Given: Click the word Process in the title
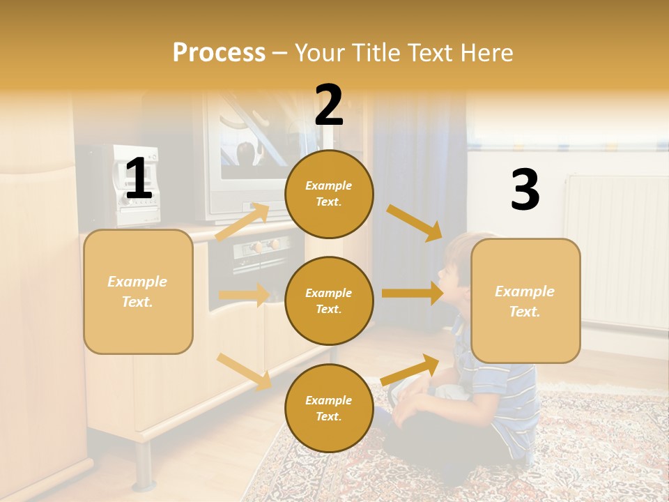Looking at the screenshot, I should click(219, 52).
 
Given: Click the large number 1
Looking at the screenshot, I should click(139, 178).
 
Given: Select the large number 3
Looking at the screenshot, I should click(525, 190).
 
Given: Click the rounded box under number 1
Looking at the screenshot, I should click(138, 291).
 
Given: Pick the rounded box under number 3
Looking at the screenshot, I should click(525, 301).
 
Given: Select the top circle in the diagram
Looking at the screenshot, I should click(329, 194).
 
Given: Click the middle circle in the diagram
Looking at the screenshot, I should click(329, 301).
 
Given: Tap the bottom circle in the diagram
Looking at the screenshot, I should click(329, 408).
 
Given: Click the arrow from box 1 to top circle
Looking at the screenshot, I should click(243, 222).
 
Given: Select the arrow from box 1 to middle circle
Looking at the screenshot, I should click(244, 295).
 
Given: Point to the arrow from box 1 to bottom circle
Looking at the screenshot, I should click(244, 372).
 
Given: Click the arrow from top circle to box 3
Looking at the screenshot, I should click(414, 222).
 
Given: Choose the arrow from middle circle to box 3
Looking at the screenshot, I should click(413, 294).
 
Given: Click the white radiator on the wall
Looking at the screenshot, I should click(616, 251).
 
